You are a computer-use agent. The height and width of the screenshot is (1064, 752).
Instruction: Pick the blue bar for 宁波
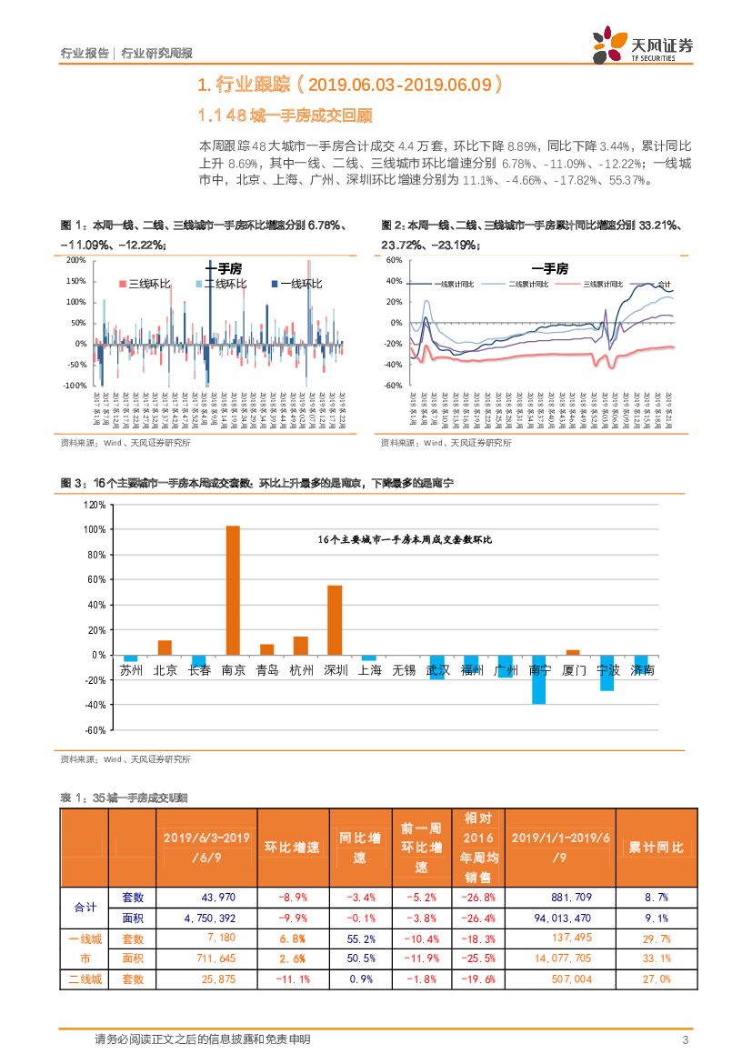(607, 672)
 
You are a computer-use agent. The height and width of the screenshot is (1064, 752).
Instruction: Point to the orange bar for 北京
(165, 647)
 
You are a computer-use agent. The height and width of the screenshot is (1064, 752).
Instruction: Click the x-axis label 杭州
(301, 670)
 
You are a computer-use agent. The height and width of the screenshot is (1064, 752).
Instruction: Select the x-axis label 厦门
(573, 670)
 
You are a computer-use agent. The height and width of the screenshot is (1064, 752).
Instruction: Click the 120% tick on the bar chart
(95, 504)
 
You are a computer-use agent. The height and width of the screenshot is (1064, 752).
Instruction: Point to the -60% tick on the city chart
(95, 729)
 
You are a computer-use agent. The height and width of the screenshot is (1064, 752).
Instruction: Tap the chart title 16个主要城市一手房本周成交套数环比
(405, 540)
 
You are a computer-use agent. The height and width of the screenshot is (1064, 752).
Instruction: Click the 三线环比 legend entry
(145, 285)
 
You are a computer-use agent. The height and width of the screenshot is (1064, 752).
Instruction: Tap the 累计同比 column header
(656, 848)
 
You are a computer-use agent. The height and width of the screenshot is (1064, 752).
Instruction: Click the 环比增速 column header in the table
(292, 848)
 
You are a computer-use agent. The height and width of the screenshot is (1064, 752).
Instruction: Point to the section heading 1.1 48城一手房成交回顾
(286, 116)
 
